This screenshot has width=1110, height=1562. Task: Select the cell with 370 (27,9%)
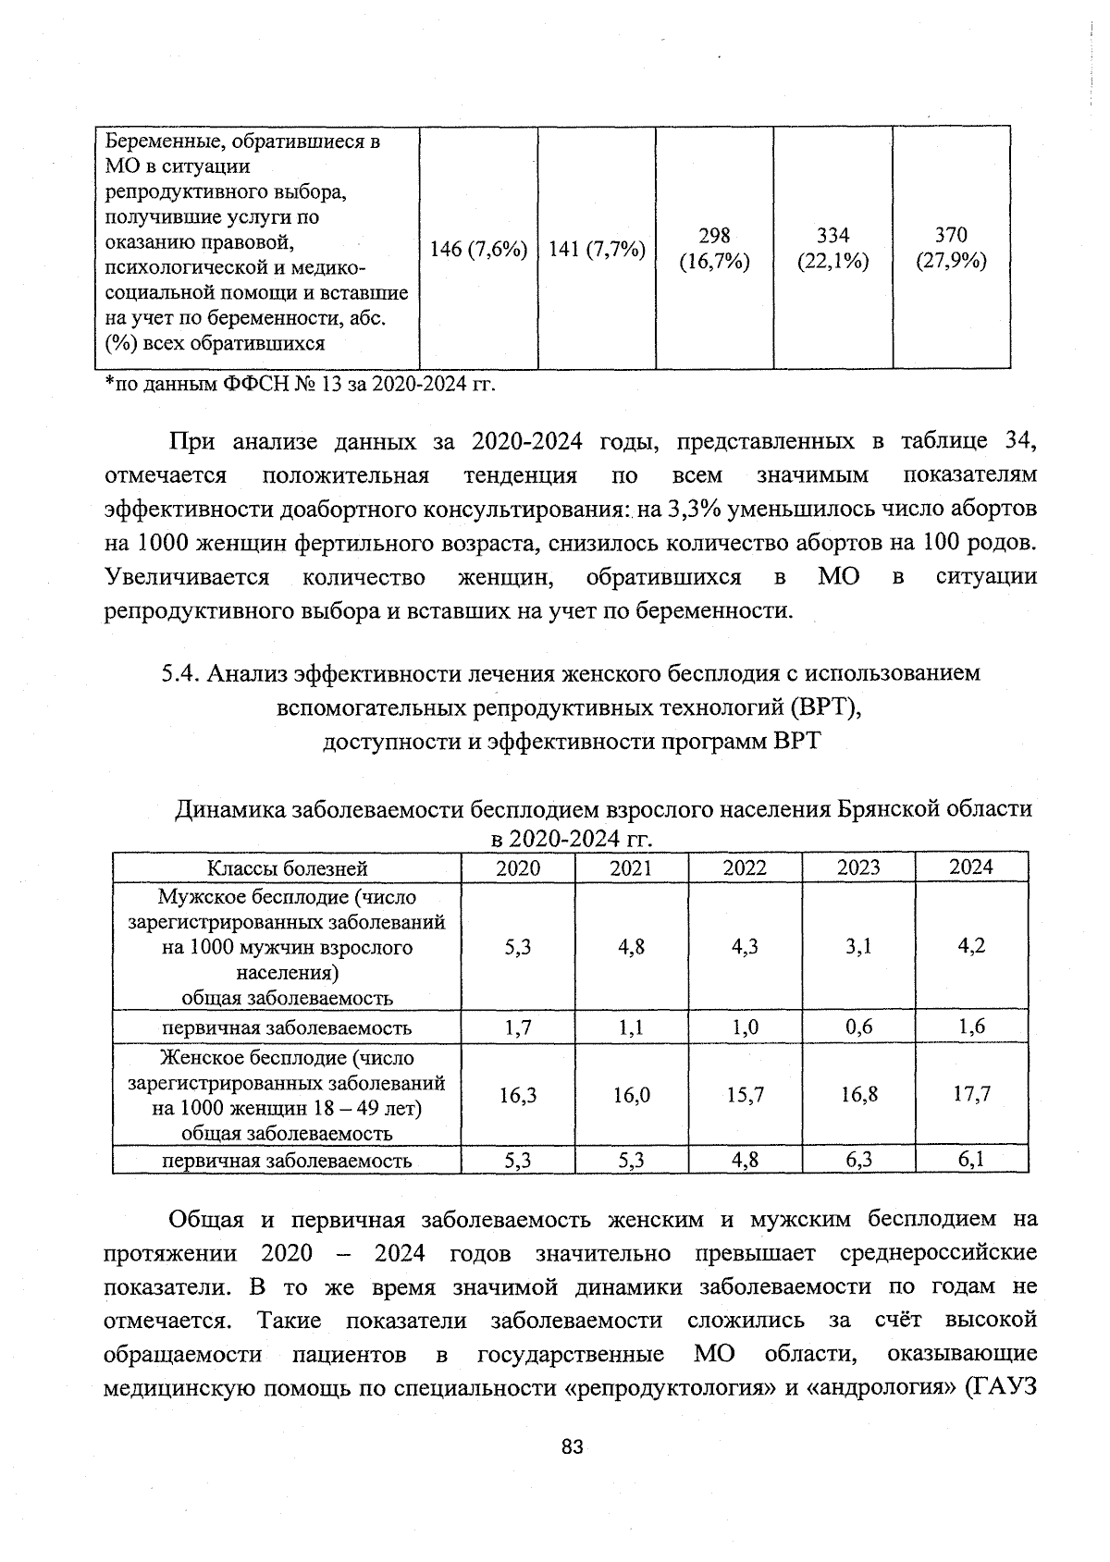click(951, 248)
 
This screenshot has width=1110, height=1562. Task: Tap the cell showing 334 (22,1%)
click(832, 248)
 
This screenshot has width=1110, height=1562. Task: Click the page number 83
click(573, 1448)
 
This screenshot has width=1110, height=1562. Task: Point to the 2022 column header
click(745, 867)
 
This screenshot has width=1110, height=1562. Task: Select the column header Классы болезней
click(287, 867)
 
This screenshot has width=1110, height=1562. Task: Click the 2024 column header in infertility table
click(971, 867)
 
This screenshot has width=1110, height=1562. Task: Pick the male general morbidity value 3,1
click(857, 946)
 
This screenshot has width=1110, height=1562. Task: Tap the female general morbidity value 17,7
click(971, 1094)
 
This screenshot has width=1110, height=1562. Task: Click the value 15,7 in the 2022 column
click(745, 1095)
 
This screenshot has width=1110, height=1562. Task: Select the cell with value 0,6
click(858, 1027)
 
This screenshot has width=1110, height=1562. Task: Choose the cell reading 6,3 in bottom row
click(858, 1160)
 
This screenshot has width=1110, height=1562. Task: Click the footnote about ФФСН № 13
click(301, 384)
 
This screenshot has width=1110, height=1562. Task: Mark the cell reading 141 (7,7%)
click(597, 249)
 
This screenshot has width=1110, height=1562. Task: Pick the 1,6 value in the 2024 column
click(971, 1027)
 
